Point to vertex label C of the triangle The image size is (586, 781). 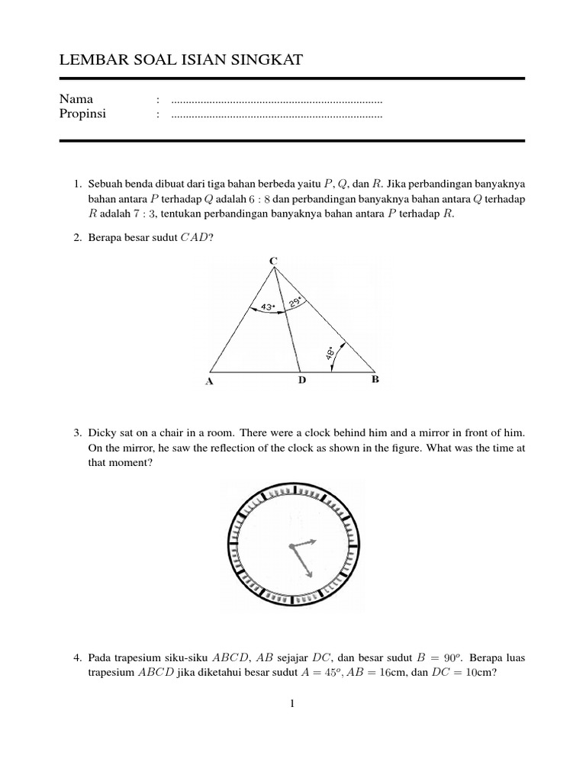(x=273, y=261)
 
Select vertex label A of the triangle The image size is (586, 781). (x=208, y=382)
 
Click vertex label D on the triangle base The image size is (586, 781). (x=301, y=379)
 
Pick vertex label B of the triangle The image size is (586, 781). (x=375, y=378)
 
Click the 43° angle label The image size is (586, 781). (x=268, y=307)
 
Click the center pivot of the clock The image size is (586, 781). (x=291, y=546)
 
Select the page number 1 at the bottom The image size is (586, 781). (x=292, y=703)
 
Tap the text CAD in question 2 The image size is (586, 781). (x=195, y=238)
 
